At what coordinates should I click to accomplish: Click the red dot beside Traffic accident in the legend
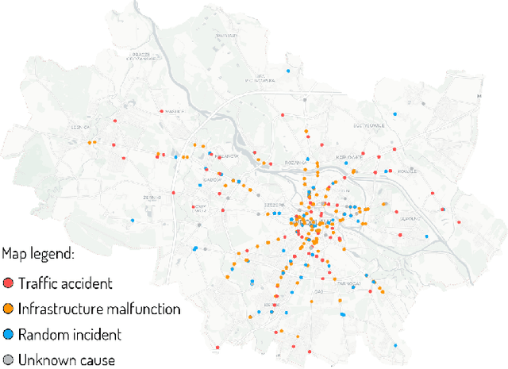8,283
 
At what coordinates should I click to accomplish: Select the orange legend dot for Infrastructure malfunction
8,309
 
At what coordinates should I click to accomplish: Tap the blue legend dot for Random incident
8,334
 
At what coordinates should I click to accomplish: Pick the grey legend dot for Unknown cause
8,359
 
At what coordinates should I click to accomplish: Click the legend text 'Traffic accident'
65,283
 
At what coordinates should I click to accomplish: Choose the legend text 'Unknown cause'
67,359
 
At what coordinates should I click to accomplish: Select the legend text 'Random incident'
71,334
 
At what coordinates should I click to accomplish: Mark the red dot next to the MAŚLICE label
162,112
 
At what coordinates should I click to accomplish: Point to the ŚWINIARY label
229,34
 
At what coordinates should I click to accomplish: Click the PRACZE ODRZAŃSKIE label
144,56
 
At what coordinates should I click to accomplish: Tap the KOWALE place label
406,170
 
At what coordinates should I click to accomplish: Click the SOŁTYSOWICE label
368,125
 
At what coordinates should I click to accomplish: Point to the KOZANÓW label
228,157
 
